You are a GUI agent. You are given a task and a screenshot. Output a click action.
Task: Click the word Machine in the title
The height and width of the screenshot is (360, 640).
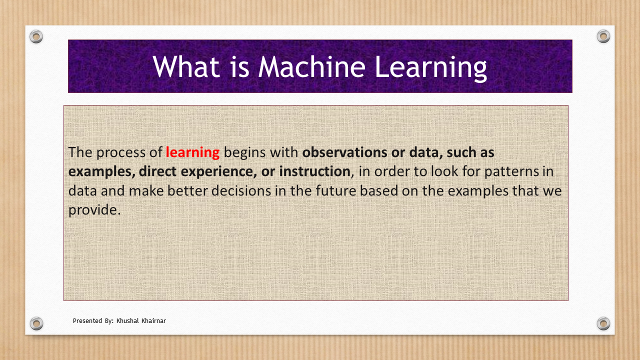(x=311, y=66)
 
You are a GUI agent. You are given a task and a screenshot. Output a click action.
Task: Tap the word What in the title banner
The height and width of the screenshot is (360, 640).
(x=186, y=66)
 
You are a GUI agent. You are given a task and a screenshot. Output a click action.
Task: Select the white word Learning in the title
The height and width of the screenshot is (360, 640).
(x=431, y=68)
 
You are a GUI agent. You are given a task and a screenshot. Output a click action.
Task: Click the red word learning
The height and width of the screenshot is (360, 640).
(x=192, y=153)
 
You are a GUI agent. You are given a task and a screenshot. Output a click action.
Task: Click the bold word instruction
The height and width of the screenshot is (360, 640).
(x=314, y=171)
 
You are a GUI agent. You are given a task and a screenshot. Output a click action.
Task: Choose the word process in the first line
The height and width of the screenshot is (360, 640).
(x=121, y=153)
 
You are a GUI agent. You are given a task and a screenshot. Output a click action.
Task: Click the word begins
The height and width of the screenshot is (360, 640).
(x=245, y=153)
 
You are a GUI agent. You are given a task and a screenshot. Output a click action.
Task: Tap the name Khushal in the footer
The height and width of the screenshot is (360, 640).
(x=127, y=320)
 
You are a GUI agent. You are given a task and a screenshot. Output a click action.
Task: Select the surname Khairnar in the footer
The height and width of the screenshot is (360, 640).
(x=153, y=320)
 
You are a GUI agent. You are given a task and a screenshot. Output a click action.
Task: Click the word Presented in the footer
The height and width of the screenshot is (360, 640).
(x=87, y=321)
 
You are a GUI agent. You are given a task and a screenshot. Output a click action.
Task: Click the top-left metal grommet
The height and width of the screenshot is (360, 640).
(x=36, y=36)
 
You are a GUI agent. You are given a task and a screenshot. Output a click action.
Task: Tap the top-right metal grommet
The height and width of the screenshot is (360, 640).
(x=603, y=36)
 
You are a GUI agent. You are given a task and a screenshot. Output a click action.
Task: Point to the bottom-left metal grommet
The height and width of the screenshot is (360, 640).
(x=36, y=323)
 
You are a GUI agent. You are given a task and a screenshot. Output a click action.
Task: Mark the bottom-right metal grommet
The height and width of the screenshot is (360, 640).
(x=603, y=323)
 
